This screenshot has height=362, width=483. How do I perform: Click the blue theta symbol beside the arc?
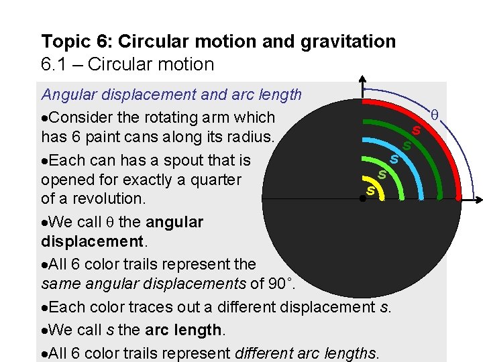tap(434, 116)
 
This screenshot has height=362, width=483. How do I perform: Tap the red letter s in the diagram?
tap(417, 130)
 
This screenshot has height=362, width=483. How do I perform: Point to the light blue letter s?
tap(394, 160)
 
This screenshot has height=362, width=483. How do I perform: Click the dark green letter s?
tap(406, 145)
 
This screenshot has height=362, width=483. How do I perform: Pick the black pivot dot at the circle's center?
tap(362, 198)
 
